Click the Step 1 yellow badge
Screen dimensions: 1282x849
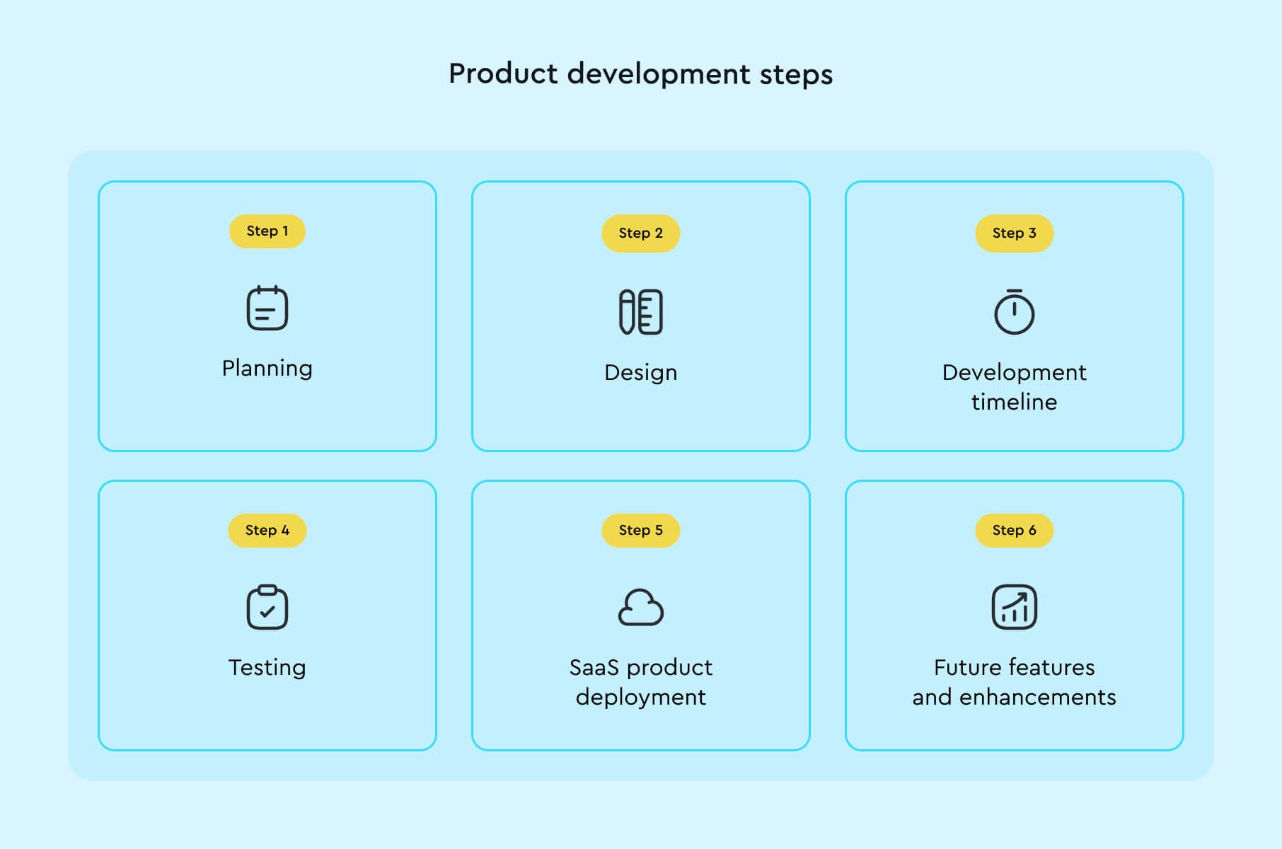click(x=267, y=231)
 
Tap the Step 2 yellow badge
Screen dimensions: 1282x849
click(x=640, y=233)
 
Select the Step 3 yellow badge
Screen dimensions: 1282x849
click(x=1014, y=233)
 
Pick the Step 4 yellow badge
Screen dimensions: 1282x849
click(x=267, y=531)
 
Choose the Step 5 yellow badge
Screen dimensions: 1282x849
click(x=640, y=531)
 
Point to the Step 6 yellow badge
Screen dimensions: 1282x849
click(x=1014, y=531)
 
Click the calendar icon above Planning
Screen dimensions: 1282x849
click(x=267, y=308)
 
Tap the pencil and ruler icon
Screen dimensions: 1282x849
click(x=640, y=312)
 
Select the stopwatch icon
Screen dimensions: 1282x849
click(x=1014, y=312)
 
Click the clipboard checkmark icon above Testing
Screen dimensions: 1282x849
click(x=267, y=607)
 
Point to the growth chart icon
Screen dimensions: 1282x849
click(x=1014, y=607)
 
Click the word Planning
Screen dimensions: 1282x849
click(x=267, y=369)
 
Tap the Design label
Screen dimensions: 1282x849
click(x=640, y=373)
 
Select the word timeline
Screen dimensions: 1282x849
click(x=1014, y=402)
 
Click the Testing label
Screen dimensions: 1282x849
click(x=267, y=668)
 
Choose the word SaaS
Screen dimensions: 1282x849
click(x=594, y=668)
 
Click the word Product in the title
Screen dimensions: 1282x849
click(x=503, y=74)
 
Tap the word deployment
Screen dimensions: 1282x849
click(x=640, y=698)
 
